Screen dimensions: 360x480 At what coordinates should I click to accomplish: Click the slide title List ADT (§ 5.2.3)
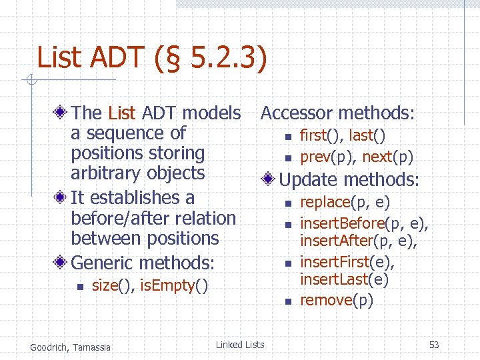152,57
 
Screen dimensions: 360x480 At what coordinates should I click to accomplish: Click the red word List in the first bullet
121,113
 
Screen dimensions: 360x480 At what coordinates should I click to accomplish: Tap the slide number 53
434,345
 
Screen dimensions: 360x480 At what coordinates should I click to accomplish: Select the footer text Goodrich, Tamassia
71,346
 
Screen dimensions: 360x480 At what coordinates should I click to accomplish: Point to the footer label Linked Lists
240,345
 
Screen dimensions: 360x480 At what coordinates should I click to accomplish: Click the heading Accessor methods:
337,113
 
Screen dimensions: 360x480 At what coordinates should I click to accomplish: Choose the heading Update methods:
349,179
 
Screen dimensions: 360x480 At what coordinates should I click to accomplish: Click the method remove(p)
337,300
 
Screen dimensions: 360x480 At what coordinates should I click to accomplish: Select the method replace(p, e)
345,202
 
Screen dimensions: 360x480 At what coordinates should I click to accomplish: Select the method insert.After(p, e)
358,241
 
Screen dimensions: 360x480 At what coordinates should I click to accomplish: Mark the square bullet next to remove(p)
288,301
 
